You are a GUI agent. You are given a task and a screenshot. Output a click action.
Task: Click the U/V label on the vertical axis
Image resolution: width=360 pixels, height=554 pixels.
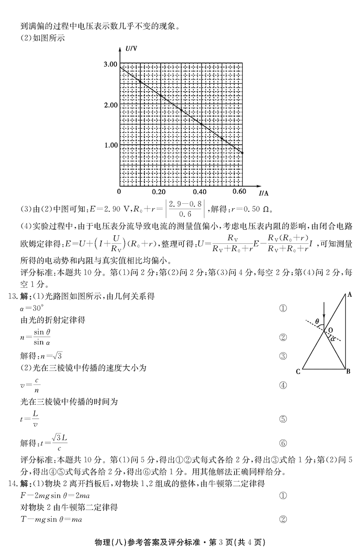click(131, 48)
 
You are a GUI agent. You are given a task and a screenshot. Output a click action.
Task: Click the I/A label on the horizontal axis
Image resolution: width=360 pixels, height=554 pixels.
click(264, 193)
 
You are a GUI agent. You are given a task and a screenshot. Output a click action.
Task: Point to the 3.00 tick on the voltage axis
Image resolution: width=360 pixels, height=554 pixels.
click(110, 64)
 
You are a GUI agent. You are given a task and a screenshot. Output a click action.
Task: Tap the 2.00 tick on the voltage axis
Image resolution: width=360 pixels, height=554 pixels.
click(110, 105)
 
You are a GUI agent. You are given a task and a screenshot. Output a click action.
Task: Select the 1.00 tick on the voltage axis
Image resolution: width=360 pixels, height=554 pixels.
click(110, 145)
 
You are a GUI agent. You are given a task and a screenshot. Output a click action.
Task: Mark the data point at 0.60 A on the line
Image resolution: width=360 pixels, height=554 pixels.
click(242, 153)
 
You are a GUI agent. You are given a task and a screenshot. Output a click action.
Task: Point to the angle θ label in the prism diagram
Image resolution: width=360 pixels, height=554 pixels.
click(317, 322)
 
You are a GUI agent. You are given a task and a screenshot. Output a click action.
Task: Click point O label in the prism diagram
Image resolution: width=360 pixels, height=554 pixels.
click(331, 330)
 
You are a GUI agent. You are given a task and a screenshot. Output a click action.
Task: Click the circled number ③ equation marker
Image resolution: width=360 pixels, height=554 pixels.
click(283, 357)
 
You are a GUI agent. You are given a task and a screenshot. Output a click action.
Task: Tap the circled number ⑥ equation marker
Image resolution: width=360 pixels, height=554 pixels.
click(283, 443)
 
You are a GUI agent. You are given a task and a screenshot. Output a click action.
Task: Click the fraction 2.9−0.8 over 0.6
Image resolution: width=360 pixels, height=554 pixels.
click(186, 209)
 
